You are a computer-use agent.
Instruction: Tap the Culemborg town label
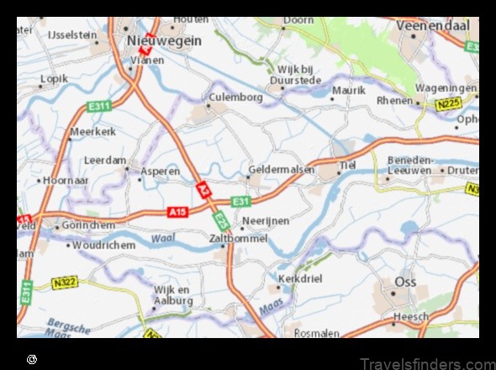(235, 97)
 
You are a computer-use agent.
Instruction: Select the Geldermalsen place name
(282, 169)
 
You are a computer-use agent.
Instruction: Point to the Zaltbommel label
(238, 239)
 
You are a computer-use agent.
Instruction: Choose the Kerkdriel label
(303, 277)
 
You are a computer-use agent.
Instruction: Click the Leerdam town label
(105, 160)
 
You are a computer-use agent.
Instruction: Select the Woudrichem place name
(103, 245)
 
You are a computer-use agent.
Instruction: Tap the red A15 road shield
(177, 211)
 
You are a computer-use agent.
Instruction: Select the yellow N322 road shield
(64, 283)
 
